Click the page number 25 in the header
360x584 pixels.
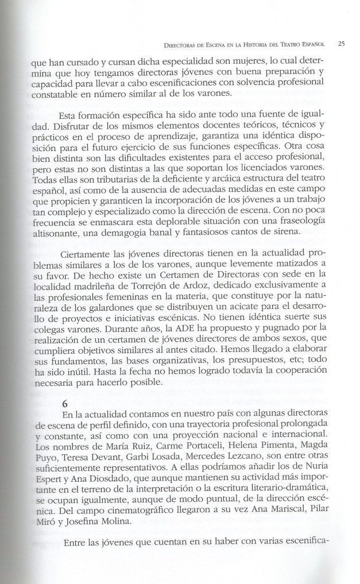click(x=340, y=44)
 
